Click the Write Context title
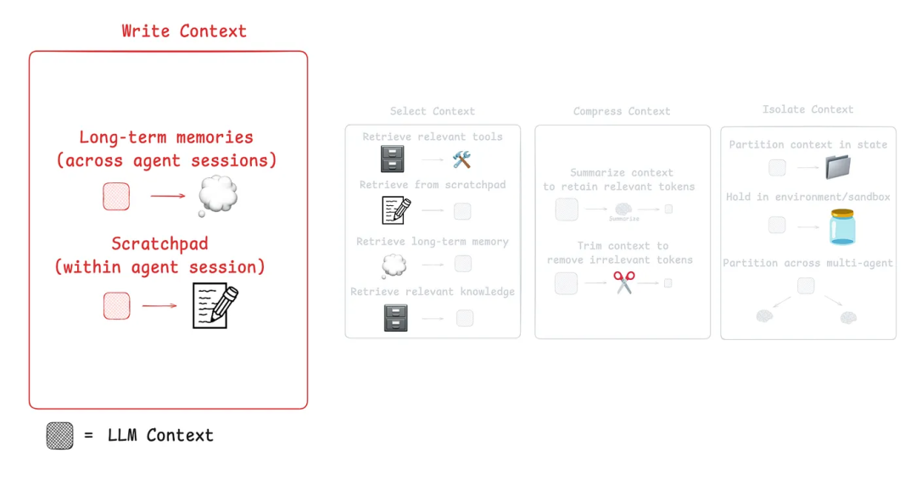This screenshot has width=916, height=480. point(184,31)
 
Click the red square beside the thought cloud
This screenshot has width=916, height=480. point(116,197)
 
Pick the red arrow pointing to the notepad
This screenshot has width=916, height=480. point(159,306)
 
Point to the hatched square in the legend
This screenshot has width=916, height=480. point(59,436)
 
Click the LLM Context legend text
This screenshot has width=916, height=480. point(160,436)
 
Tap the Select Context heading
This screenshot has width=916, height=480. point(433,111)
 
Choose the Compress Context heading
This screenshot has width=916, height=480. point(622,111)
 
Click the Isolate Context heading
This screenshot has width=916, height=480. point(807,109)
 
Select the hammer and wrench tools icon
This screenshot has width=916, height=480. point(461,159)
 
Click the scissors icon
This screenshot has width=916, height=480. point(624,282)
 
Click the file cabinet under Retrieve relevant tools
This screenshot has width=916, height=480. point(393,159)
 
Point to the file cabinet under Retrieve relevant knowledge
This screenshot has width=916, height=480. point(395,318)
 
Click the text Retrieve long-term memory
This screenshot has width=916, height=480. point(433,242)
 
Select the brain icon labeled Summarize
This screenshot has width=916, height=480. point(624,209)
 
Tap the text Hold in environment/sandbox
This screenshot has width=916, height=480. point(808,197)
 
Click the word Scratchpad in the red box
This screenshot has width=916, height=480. point(159,244)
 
